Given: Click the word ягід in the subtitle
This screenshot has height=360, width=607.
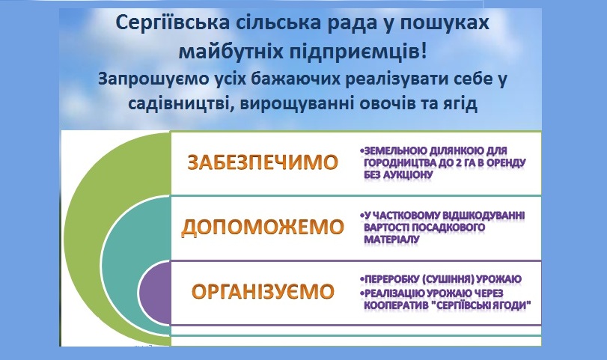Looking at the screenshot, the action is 457,104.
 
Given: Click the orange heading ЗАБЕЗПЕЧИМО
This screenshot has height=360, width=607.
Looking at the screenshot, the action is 263,162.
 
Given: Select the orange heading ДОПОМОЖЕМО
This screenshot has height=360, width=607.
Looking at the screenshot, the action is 263,227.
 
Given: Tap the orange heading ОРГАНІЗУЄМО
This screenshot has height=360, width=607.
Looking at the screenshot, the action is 263,291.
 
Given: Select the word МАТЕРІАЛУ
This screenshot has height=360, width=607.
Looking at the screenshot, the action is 391,240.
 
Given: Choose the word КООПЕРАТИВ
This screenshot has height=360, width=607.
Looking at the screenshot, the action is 396,305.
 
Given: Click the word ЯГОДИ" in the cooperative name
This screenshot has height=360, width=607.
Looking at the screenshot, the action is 513,305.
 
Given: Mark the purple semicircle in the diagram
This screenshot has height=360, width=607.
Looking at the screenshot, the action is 153,292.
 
